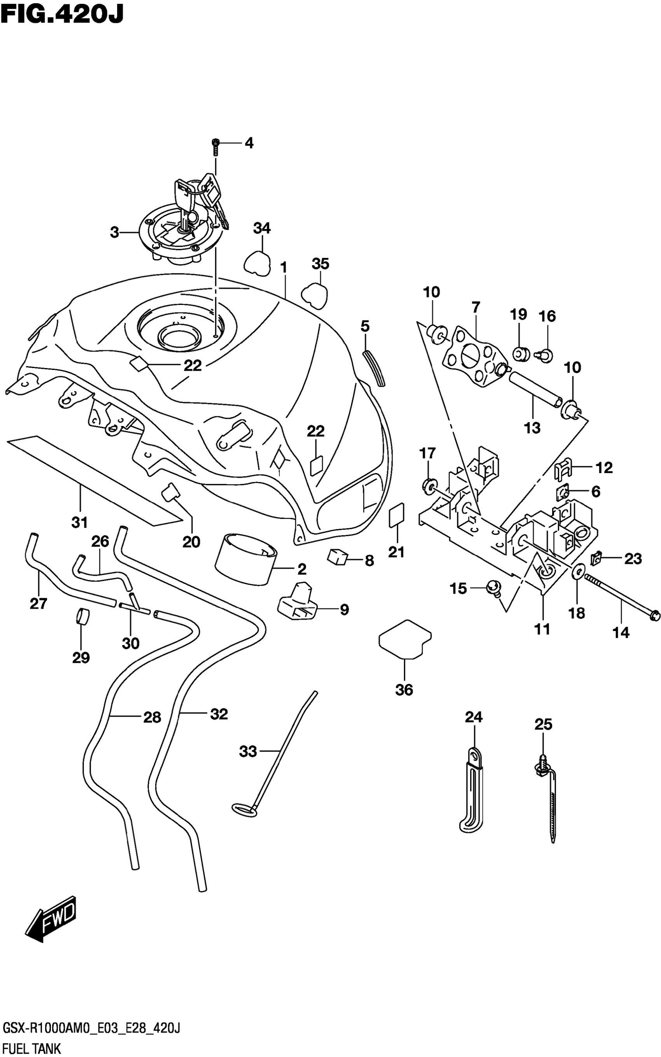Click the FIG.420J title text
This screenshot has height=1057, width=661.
coord(62,14)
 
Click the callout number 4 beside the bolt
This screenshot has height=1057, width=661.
coord(249,143)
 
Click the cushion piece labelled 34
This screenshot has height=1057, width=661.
coord(257,261)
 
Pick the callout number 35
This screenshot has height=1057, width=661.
coord(320,264)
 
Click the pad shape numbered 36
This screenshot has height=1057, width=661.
coord(404,640)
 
